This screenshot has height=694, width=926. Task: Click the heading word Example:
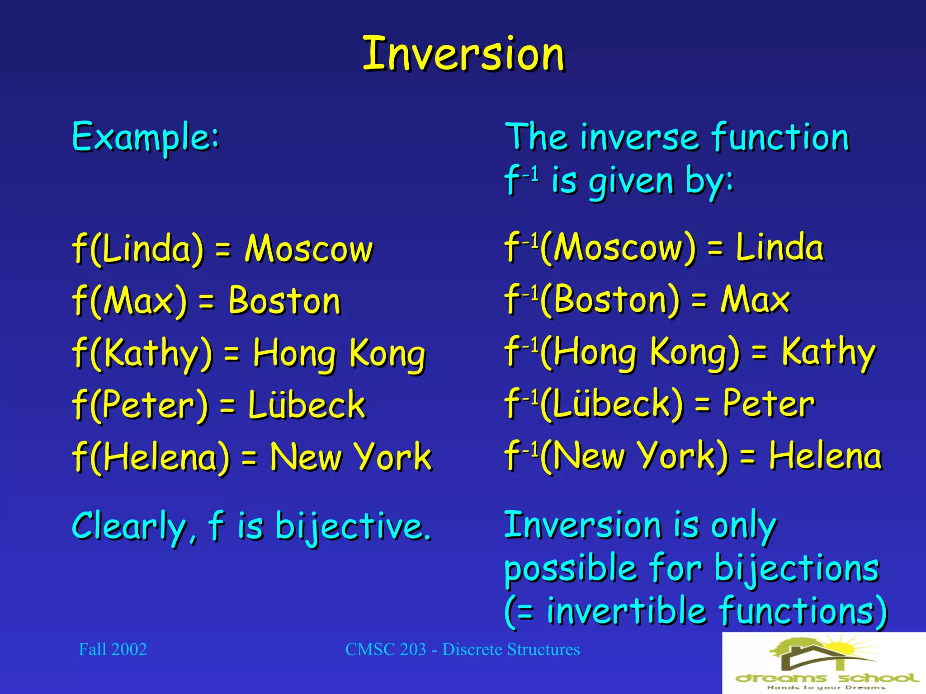point(146,136)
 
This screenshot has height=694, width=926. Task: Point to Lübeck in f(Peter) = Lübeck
point(306,404)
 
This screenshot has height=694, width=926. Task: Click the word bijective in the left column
point(353,527)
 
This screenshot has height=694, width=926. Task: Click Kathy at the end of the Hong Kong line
point(828,352)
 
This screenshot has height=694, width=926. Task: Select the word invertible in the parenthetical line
point(626,611)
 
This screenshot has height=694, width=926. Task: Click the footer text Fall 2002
point(113,650)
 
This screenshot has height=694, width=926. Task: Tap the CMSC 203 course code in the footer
point(385,650)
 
